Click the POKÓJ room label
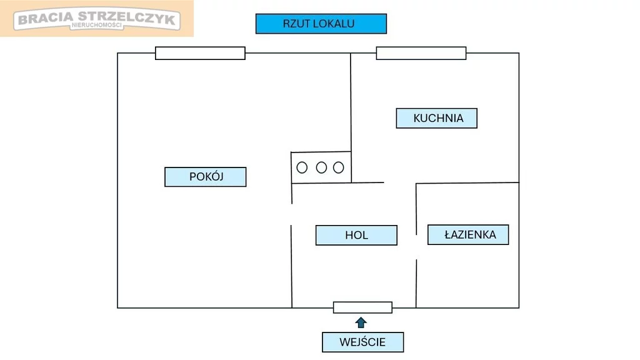click(x=206, y=177)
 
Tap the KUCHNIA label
click(x=437, y=118)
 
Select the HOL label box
click(x=356, y=235)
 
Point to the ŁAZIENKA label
click(x=468, y=234)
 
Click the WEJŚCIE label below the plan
click(x=362, y=342)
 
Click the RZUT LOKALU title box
click(x=321, y=24)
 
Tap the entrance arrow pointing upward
click(x=361, y=322)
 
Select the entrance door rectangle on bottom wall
click(x=362, y=307)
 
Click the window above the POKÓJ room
click(x=200, y=53)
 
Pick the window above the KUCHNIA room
click(x=421, y=53)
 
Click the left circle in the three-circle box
click(x=302, y=167)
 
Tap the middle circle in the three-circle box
click(x=321, y=167)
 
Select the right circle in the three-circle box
click(x=339, y=167)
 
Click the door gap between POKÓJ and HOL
click(x=292, y=214)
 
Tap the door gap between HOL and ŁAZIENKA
click(x=417, y=247)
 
